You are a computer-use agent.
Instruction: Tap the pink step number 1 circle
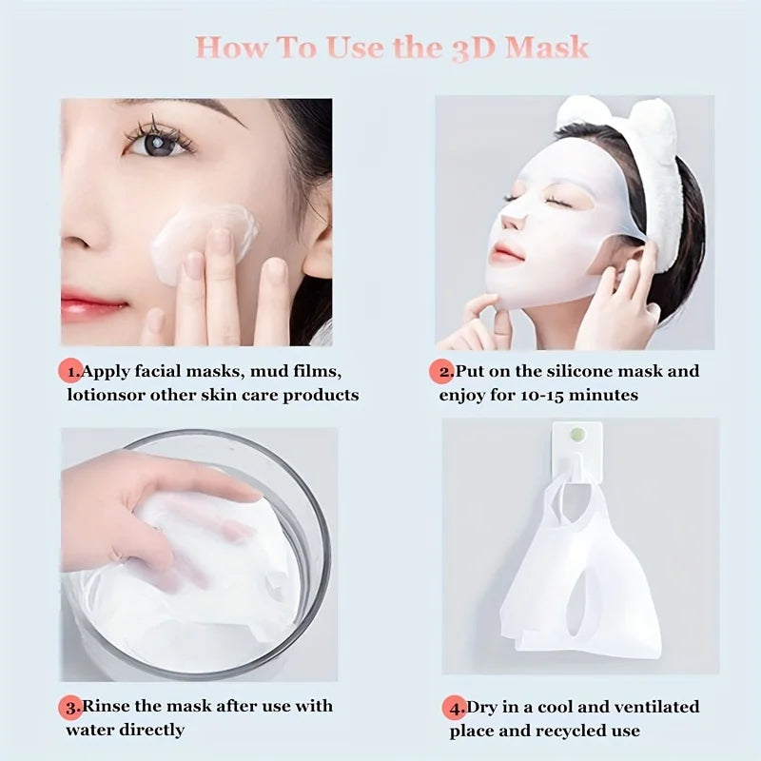coord(70,370)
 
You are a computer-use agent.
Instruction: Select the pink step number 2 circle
coord(443,370)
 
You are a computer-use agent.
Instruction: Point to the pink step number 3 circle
coord(72,707)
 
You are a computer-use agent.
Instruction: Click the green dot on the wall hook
coord(576,434)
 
